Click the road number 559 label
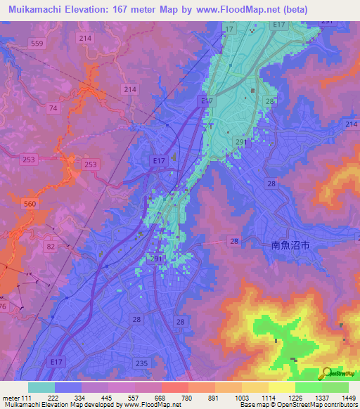[37, 43]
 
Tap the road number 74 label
[53, 108]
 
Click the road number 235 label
[142, 363]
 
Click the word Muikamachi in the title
[34, 10]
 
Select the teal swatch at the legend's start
[41, 387]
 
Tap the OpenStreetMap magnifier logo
[327, 373]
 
